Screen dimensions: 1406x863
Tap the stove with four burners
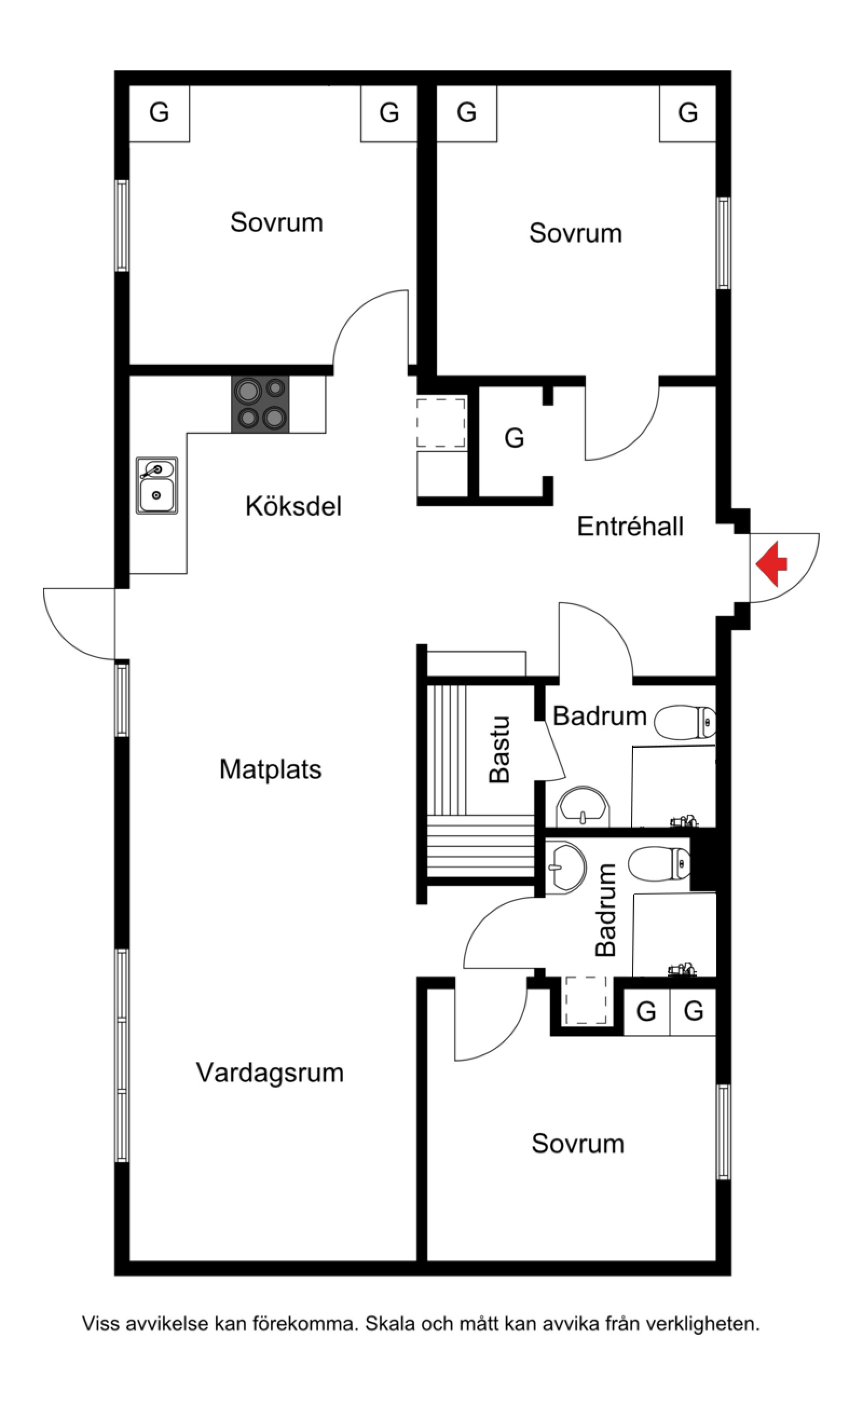[261, 404]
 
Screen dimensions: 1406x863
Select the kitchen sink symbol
[156, 485]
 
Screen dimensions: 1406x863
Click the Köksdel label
[293, 506]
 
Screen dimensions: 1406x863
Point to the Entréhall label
[630, 527]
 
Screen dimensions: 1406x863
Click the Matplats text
[271, 769]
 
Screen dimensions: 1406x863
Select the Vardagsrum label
[270, 1073]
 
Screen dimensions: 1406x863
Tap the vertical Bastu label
[499, 749]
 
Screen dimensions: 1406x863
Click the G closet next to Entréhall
[513, 439]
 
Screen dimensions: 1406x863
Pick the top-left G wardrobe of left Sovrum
[159, 112]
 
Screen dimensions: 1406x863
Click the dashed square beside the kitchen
[441, 423]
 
